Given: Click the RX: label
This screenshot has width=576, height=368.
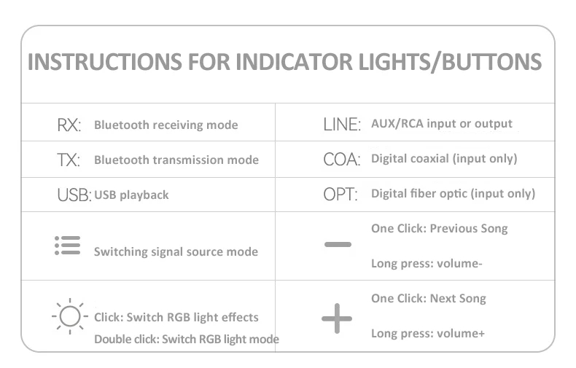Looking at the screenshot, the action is (69, 125).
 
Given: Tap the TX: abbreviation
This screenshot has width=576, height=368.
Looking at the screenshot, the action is (69, 160).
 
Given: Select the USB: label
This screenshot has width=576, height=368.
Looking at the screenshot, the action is (74, 195).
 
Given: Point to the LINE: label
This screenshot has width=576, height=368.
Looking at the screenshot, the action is (342, 124).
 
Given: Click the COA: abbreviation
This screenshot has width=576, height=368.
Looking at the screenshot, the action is (342, 160).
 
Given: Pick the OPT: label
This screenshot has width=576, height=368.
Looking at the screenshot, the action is (340, 195).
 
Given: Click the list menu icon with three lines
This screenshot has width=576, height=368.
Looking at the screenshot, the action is (68, 246).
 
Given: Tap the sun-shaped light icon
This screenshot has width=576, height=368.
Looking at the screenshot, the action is (70, 316).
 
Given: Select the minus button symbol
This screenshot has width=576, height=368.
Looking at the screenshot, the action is (338, 244).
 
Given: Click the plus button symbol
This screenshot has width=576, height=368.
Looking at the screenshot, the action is (337, 318).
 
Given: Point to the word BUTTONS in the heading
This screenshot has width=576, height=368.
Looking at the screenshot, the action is (491, 61).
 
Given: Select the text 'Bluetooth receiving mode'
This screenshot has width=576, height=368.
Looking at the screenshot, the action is (166, 125).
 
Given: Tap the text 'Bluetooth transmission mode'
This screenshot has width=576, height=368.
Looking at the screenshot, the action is (176, 160).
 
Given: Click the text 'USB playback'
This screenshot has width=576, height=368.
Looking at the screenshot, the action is (131, 195).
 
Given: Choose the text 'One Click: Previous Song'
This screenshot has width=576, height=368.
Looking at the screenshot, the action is (440, 228).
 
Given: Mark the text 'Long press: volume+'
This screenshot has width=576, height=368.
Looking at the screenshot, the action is (428, 334).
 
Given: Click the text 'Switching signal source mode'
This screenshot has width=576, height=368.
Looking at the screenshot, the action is (176, 252).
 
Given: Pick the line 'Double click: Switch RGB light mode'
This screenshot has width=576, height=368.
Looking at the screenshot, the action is (187, 339).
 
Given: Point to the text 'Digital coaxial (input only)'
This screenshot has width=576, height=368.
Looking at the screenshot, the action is (444, 159).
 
